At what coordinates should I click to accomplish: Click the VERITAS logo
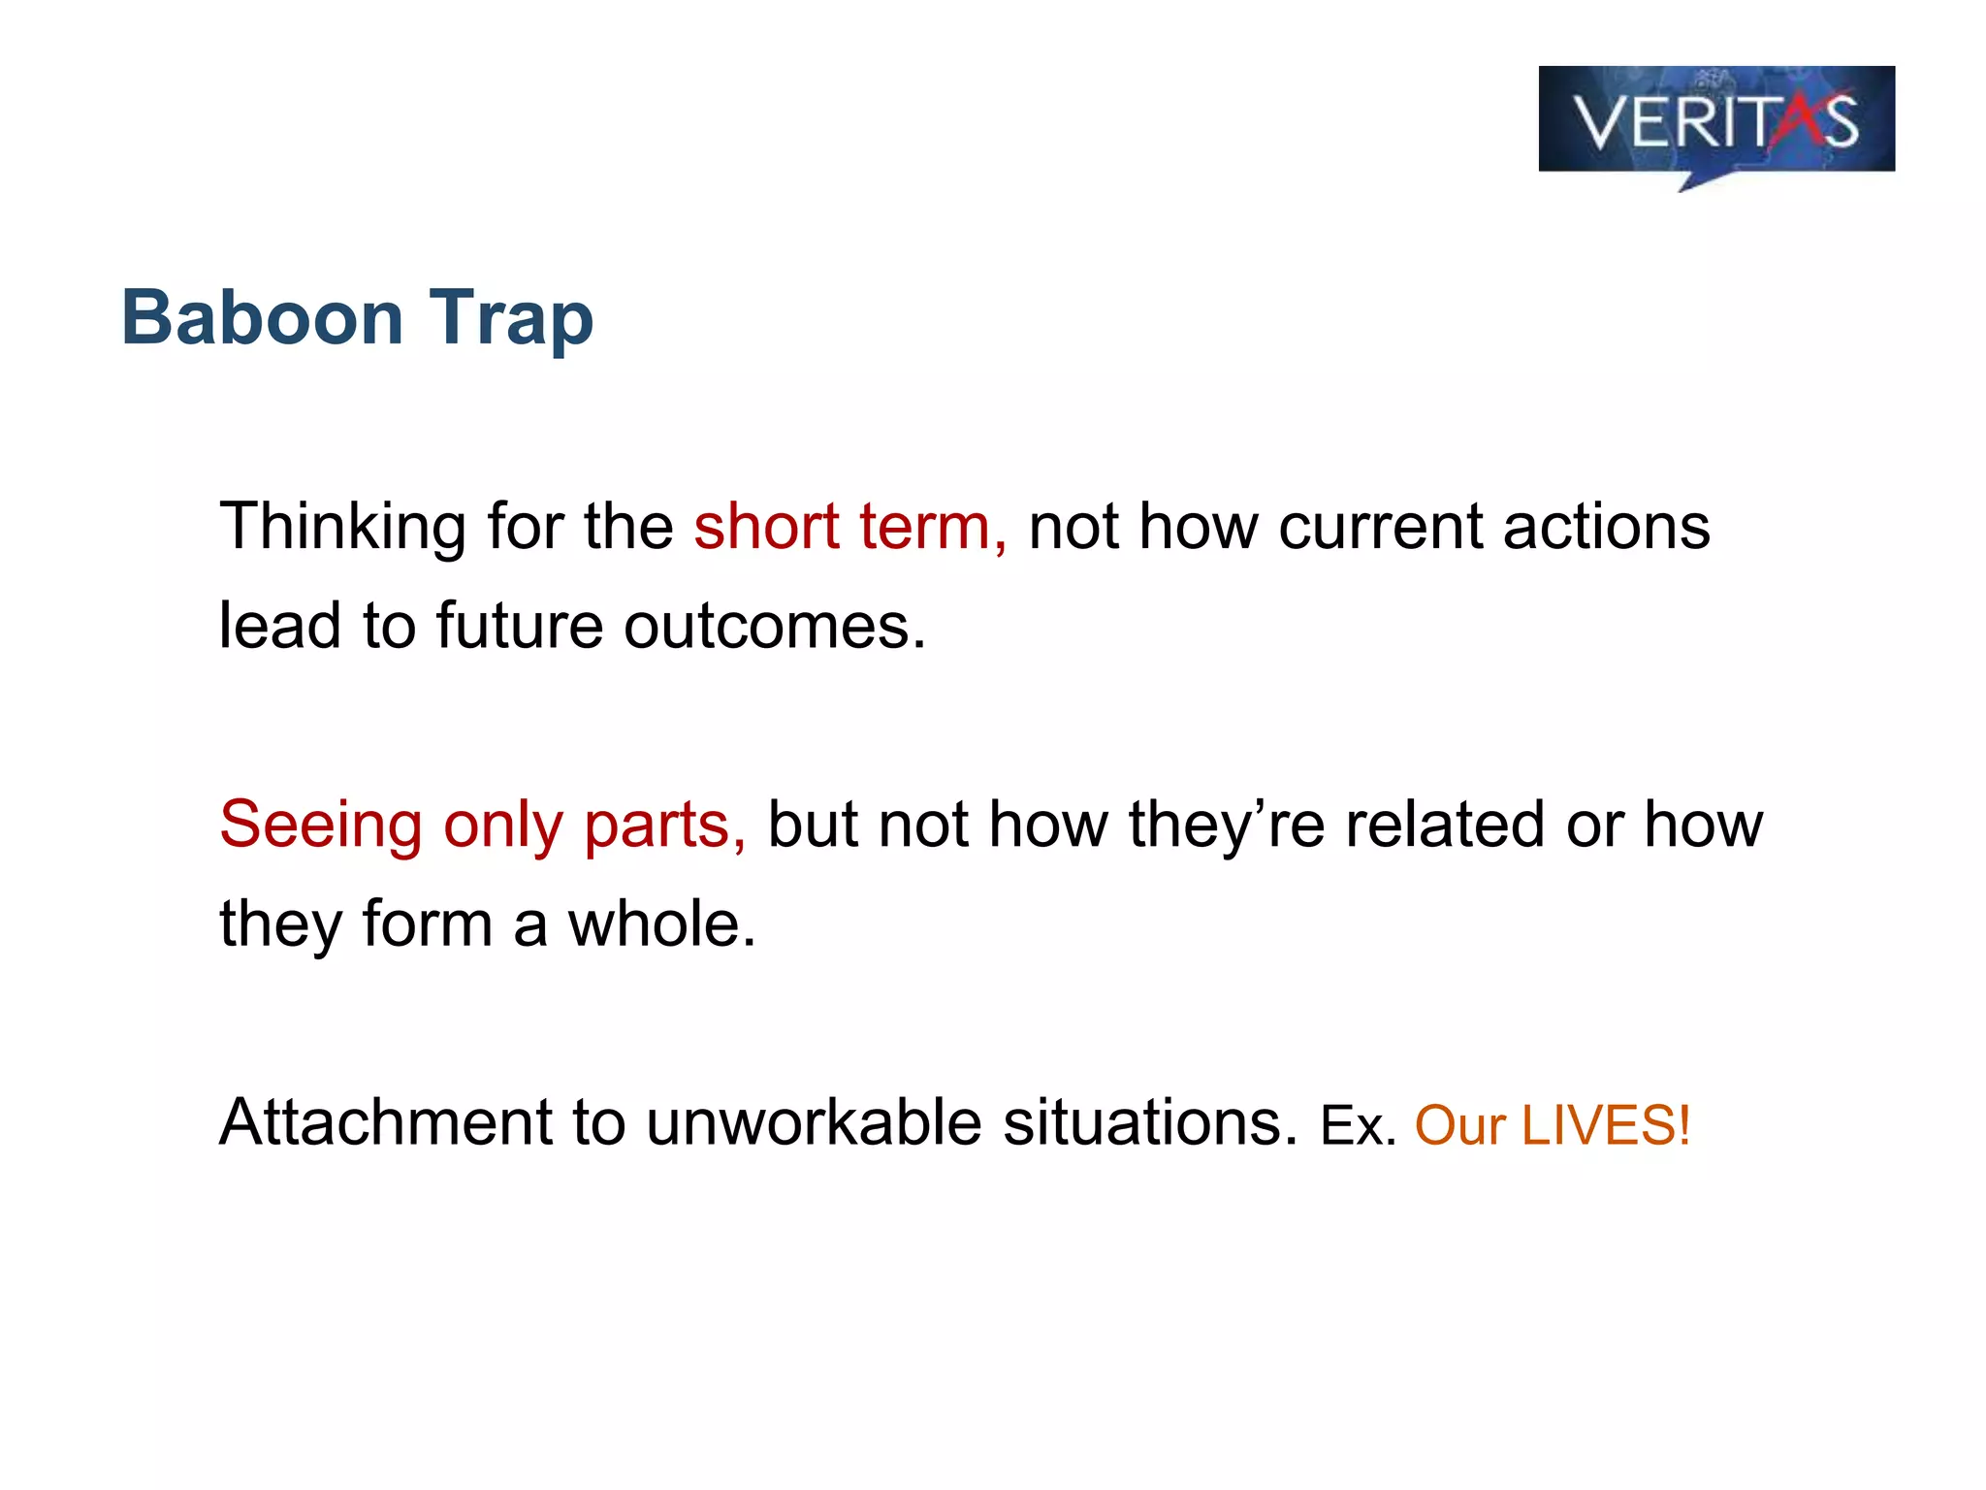1715,122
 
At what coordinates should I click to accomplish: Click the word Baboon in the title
262,317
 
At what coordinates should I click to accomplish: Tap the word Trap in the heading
511,319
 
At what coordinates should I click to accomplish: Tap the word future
520,627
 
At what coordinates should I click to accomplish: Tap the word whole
660,924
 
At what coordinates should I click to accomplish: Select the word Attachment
386,1123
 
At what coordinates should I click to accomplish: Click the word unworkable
814,1123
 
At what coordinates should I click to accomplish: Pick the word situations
1148,1123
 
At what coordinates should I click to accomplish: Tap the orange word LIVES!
1606,1126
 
